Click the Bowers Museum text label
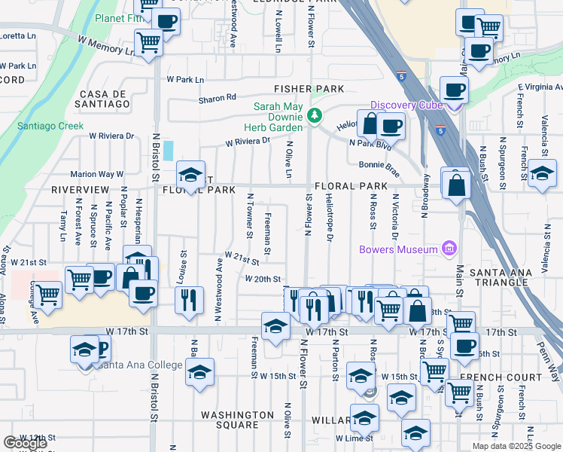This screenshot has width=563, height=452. point(398,249)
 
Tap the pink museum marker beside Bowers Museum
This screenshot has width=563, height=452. point(449,249)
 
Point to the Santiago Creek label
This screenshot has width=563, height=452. point(50,126)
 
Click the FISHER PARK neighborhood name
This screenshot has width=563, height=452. point(309,89)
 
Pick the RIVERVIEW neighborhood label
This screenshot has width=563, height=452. point(81,191)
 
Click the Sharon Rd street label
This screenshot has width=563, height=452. point(218,97)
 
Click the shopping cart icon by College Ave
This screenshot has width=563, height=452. point(48,294)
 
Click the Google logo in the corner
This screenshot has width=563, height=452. point(26,443)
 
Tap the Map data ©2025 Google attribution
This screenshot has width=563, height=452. point(516,446)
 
